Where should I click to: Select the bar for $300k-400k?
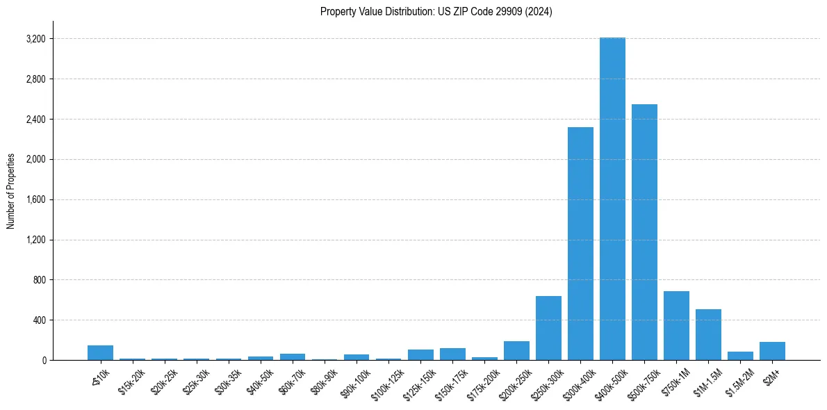coord(580,243)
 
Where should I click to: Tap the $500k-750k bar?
coord(644,232)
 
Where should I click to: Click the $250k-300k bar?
coord(548,328)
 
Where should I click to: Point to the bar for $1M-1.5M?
coord(708,335)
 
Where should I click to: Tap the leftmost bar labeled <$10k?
coord(100,353)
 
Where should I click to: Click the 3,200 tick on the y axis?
coord(35,39)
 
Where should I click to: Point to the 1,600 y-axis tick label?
coord(35,199)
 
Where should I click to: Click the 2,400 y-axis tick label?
coord(35,120)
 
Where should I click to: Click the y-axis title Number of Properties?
coord(11,191)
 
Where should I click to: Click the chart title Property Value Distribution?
coord(436,12)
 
